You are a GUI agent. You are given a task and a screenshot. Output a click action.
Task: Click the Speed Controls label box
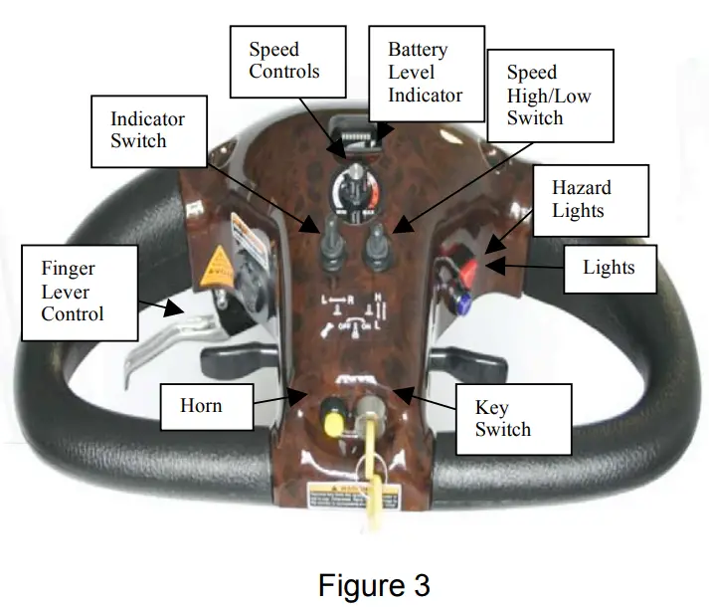pos(284,60)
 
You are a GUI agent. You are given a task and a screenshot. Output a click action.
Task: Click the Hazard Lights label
pos(582,199)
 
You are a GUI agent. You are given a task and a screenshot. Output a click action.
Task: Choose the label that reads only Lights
pos(610,268)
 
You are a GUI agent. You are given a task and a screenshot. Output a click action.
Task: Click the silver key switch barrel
pos(373,409)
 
